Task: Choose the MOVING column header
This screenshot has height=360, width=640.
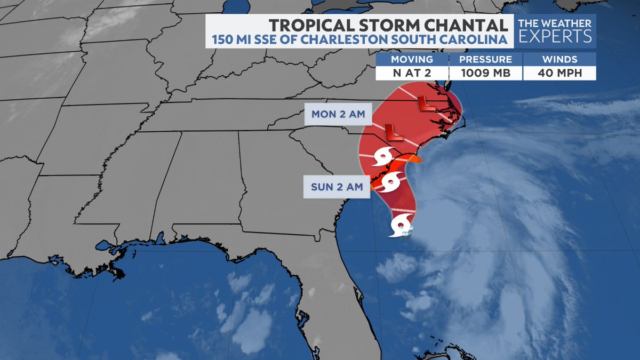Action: click(x=412, y=59)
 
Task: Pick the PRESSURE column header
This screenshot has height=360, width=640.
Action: click(x=485, y=59)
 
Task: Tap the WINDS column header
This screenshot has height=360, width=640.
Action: click(x=559, y=59)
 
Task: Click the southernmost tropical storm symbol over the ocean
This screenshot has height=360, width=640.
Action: click(x=401, y=226)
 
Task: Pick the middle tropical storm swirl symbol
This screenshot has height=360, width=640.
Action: click(x=392, y=182)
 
